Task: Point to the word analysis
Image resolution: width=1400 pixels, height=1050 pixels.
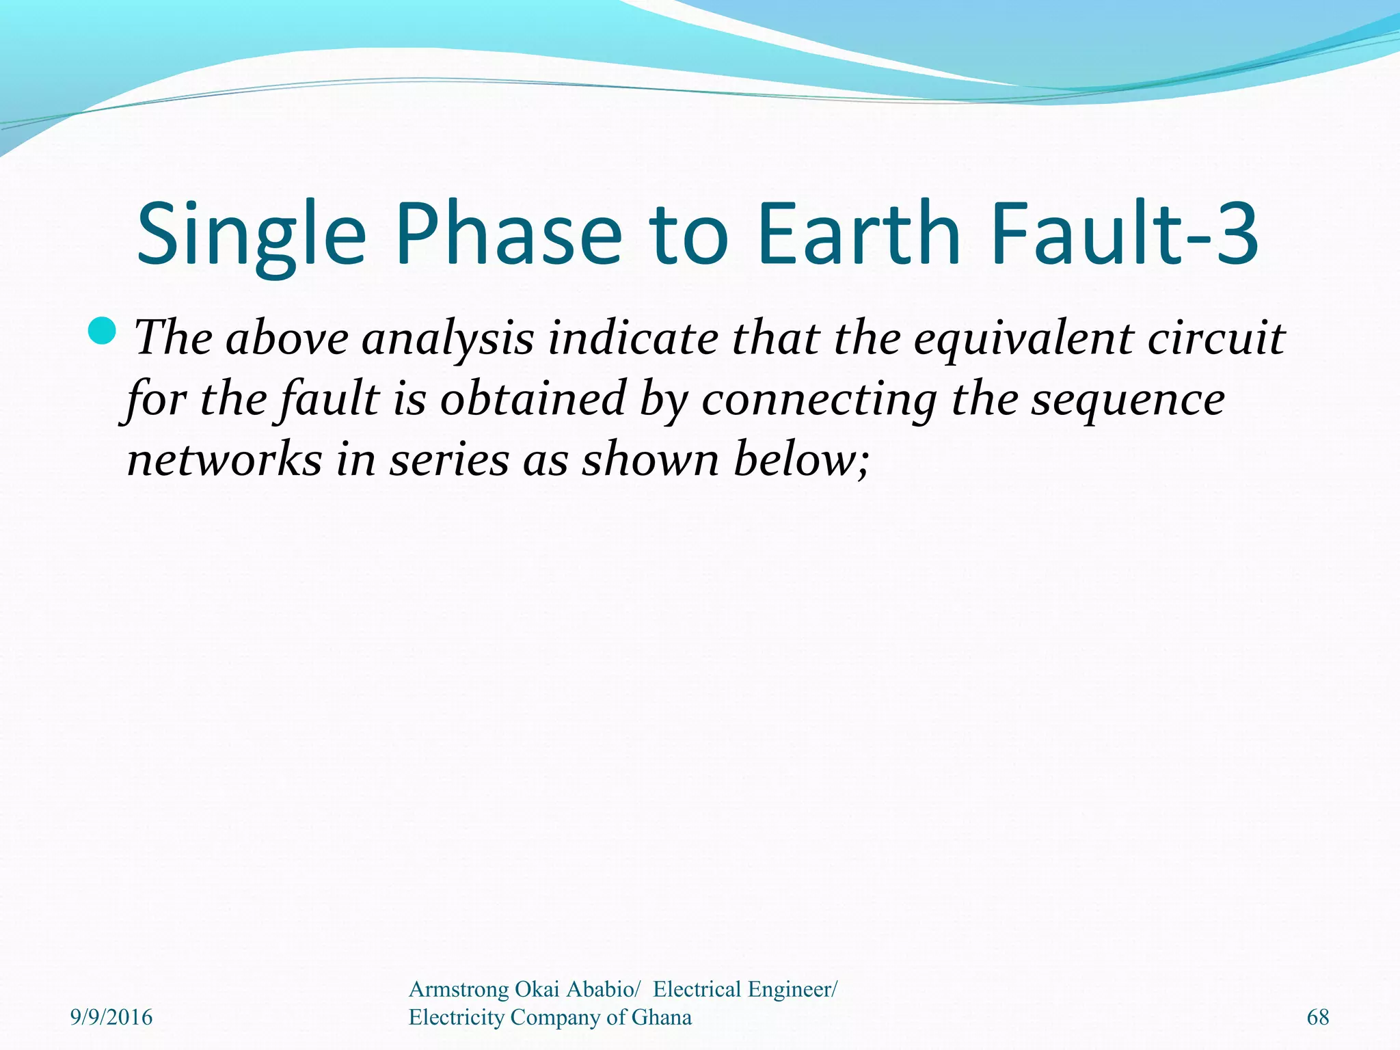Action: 447,339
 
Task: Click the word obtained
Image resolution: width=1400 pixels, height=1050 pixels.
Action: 533,399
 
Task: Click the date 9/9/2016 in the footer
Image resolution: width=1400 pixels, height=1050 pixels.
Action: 111,1017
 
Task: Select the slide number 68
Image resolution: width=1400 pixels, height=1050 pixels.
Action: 1317,1017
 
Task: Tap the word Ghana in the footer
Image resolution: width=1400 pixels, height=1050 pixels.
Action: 661,1017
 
